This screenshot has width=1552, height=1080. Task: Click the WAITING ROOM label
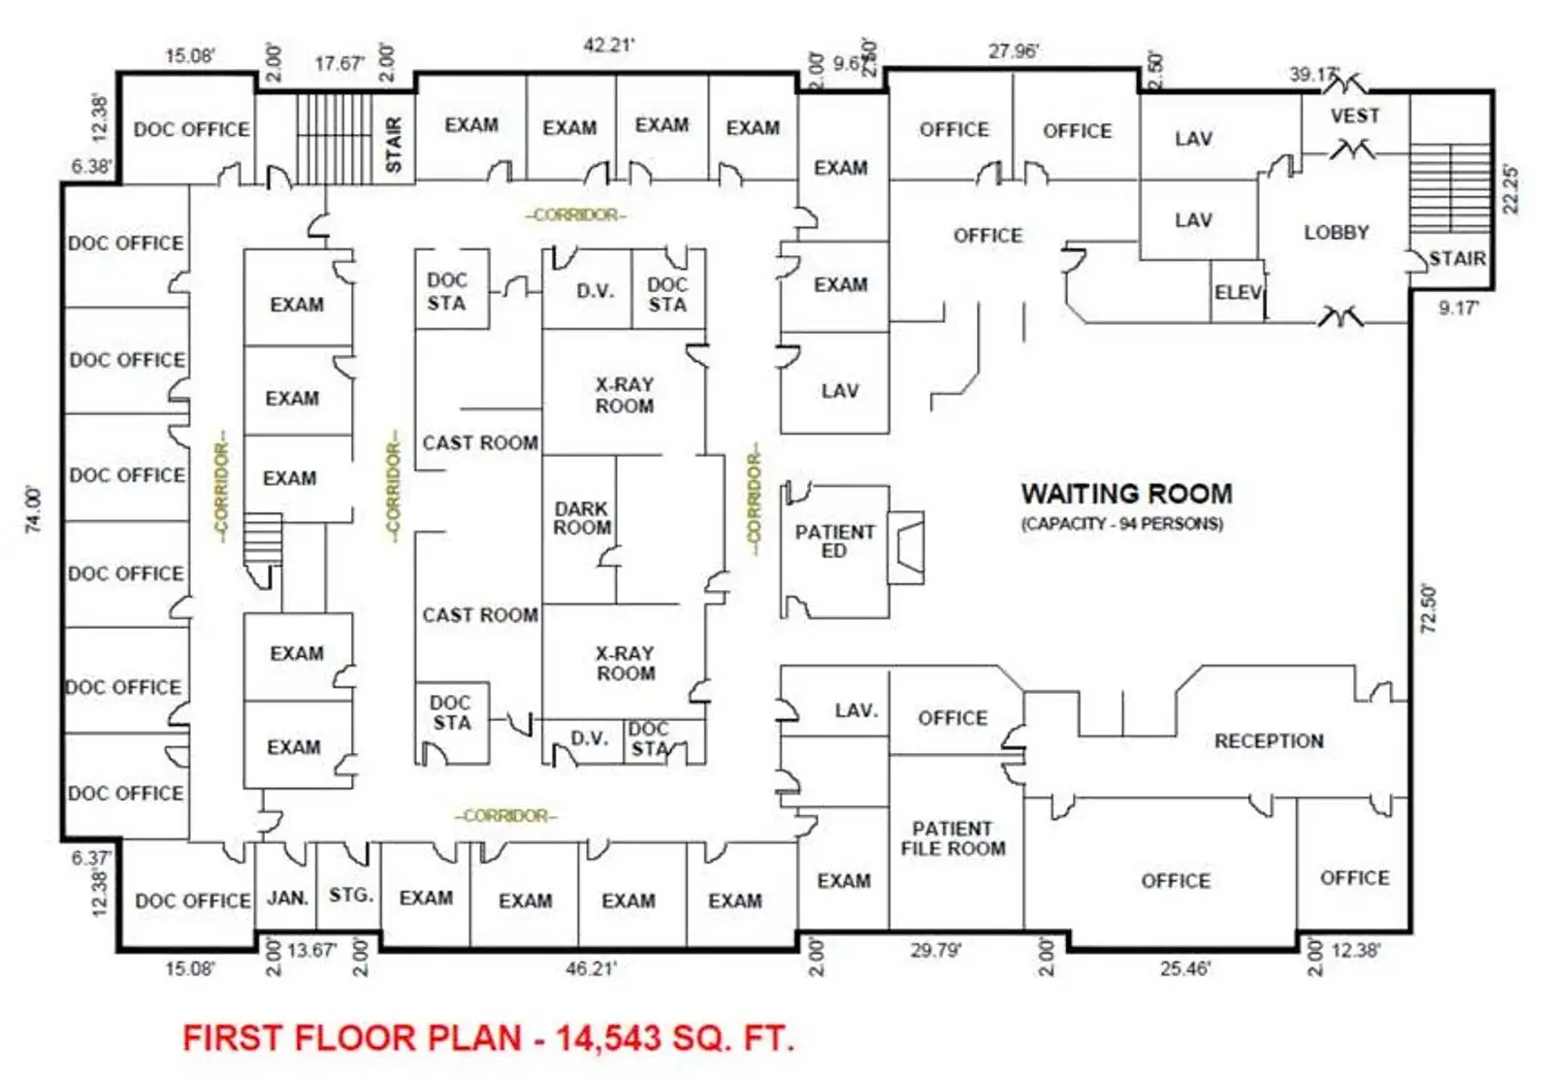click(x=1126, y=494)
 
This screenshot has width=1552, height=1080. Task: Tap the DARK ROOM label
click(x=582, y=518)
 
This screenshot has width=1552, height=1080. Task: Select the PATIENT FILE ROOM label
click(x=953, y=838)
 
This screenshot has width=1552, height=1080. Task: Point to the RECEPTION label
click(x=1269, y=741)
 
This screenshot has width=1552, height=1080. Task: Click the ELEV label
click(x=1238, y=292)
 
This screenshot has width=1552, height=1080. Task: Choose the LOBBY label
click(x=1336, y=233)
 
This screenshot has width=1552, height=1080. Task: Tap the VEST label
click(x=1354, y=116)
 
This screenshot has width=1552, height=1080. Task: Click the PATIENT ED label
click(x=834, y=541)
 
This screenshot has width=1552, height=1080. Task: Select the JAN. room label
click(x=287, y=899)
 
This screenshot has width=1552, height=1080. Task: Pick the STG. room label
click(x=350, y=895)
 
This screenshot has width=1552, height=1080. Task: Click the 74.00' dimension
click(x=34, y=508)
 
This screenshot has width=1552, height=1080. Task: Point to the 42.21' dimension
click(x=608, y=45)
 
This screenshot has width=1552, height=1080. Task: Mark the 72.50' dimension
click(x=1428, y=608)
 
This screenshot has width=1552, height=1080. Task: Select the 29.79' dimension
click(x=935, y=950)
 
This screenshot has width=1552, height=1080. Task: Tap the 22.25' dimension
click(x=1510, y=188)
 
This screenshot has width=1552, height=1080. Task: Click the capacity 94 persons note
click(x=1121, y=524)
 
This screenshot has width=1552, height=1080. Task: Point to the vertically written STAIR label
click(x=394, y=145)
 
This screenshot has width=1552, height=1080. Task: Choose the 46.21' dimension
click(x=591, y=968)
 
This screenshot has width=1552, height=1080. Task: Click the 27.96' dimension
click(x=1013, y=50)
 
